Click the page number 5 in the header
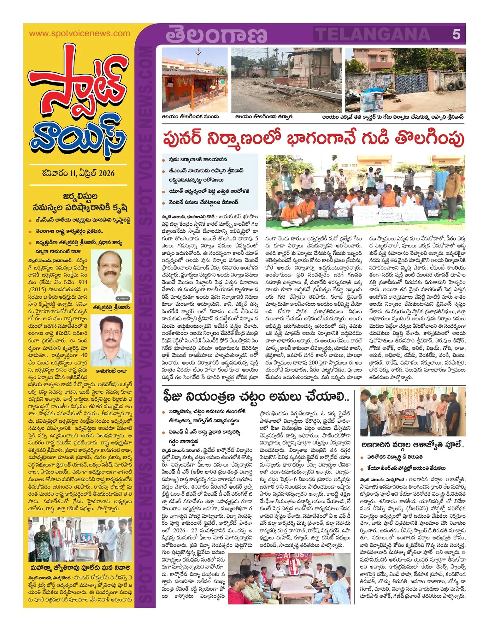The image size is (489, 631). [x=456, y=34]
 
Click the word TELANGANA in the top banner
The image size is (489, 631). [x=373, y=34]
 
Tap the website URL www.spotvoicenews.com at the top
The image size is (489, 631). [x=80, y=33]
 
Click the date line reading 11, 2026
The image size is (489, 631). [x=78, y=173]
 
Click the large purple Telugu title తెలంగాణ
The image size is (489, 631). [x=216, y=35]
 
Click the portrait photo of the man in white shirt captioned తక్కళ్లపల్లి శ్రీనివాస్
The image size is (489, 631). [x=111, y=276]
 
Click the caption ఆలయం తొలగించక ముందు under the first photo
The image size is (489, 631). [x=191, y=117]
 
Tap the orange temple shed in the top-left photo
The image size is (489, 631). [x=192, y=84]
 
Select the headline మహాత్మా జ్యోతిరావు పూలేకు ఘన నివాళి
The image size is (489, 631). [x=80, y=567]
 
